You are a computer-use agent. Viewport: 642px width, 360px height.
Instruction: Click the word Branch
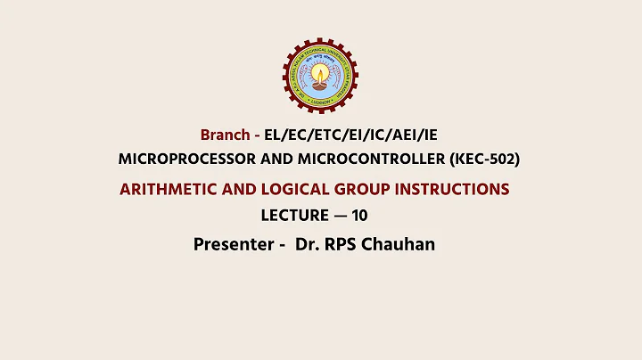click(226, 135)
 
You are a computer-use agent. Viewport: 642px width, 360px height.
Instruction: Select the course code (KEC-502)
click(481, 159)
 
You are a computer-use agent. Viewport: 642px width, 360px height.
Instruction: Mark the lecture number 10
click(359, 216)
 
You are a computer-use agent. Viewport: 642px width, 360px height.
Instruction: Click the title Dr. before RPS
click(309, 244)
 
